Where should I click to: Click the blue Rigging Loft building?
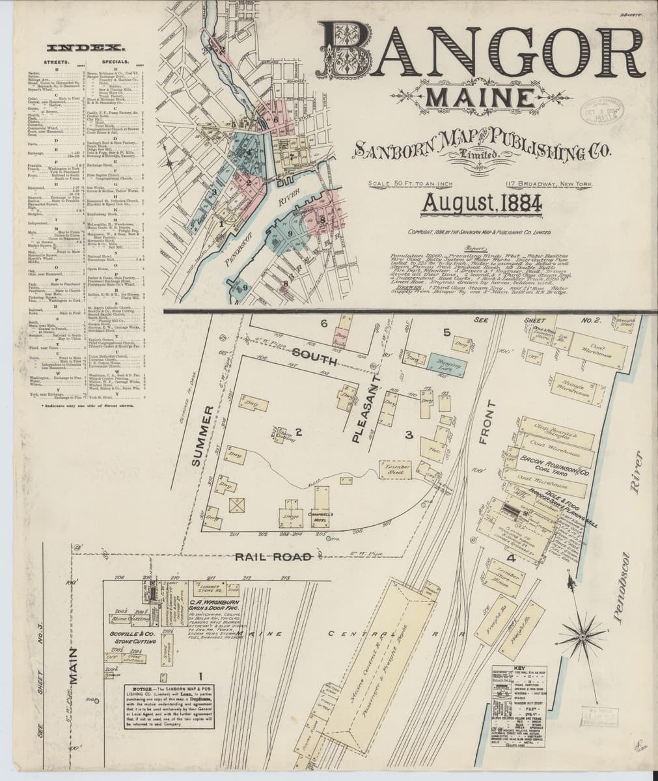(446, 363)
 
